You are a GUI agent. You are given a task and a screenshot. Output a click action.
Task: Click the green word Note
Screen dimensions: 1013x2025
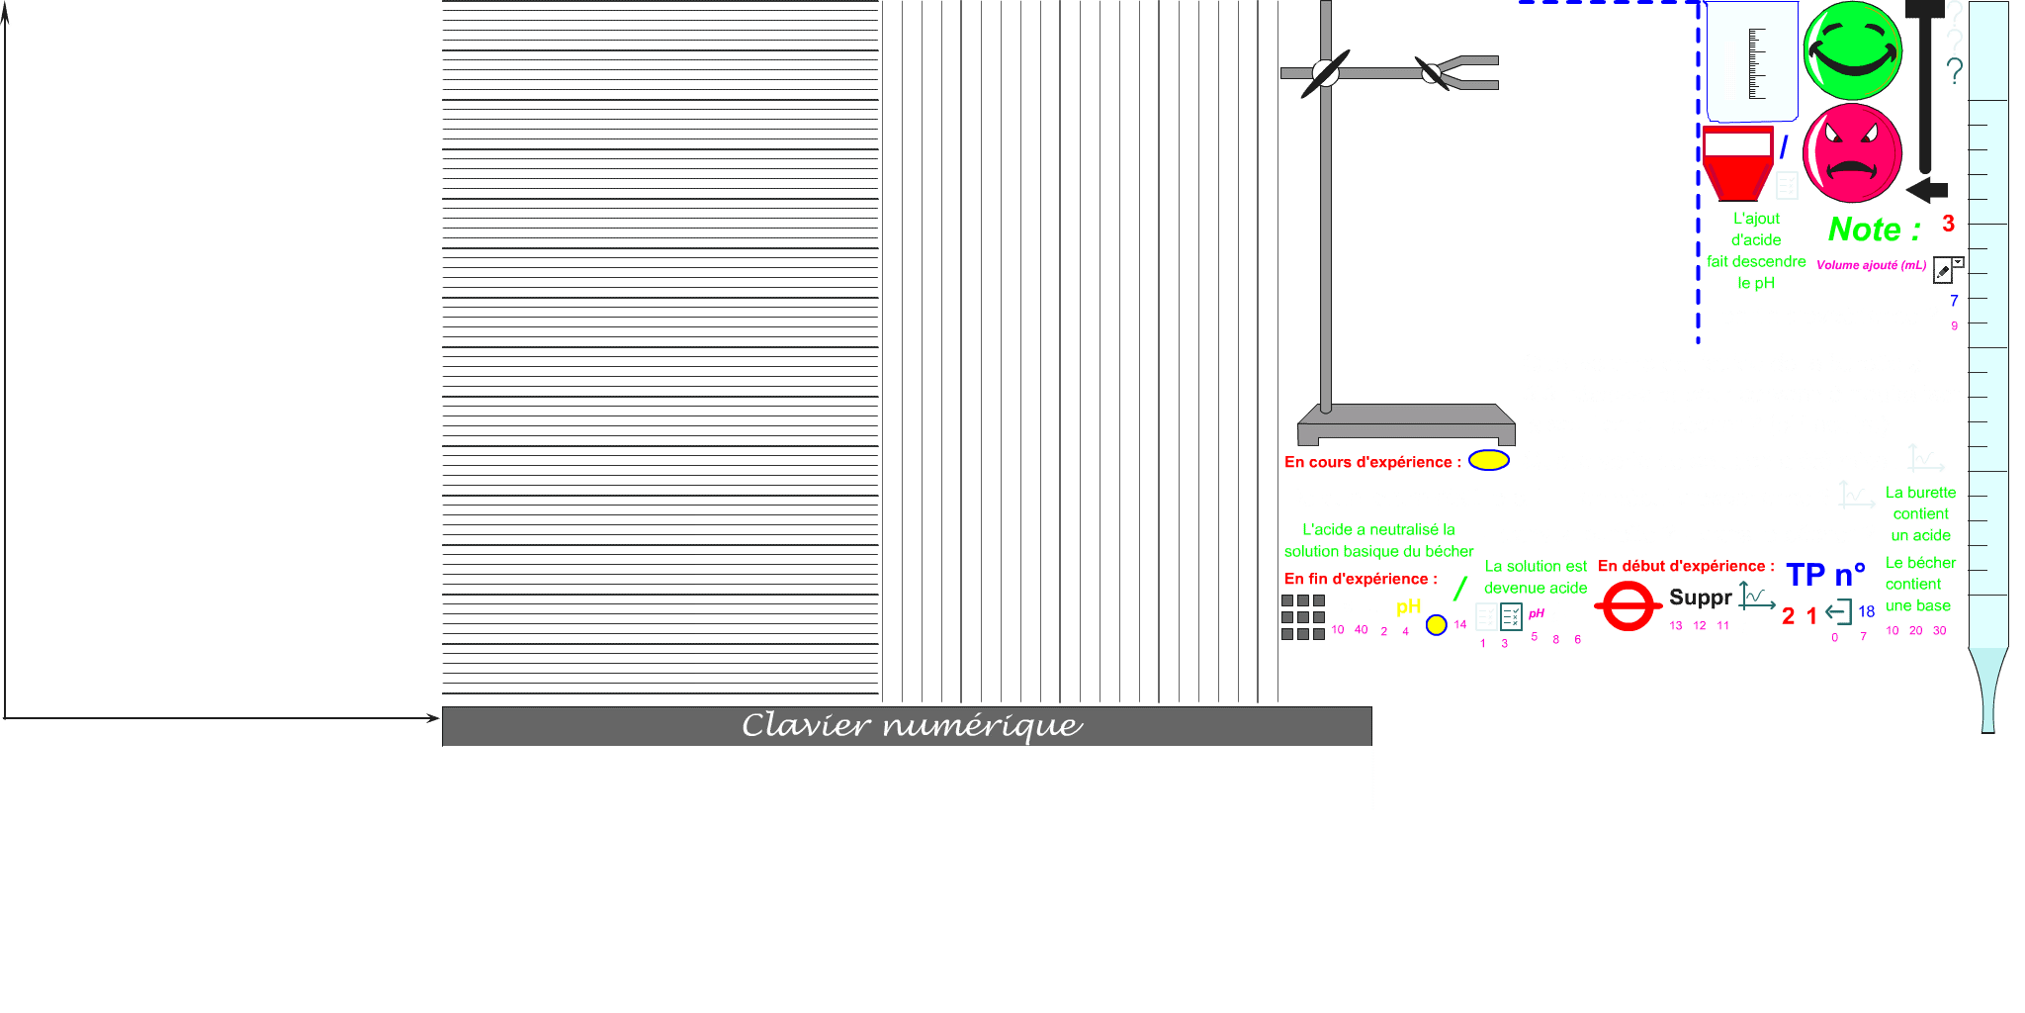[1865, 230]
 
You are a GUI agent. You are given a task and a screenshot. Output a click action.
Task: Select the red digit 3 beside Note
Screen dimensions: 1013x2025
[1948, 224]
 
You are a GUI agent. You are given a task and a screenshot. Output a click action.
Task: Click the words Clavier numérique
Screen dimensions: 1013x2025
[912, 725]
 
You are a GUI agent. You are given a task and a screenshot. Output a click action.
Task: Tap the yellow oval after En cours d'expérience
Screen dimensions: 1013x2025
[1488, 460]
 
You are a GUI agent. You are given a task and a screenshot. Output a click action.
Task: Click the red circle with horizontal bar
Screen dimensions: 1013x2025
[1628, 605]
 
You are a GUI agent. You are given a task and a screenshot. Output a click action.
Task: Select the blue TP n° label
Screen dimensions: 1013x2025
[1824, 575]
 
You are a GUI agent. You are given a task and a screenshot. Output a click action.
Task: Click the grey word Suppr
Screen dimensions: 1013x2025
[1700, 598]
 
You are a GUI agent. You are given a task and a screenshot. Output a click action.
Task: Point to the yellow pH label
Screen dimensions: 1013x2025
[1408, 606]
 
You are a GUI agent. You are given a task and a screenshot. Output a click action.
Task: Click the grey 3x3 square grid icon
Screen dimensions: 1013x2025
[1303, 617]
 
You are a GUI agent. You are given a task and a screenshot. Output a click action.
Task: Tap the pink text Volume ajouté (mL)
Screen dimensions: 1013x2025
[1871, 265]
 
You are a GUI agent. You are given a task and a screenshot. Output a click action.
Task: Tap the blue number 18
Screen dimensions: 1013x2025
[1866, 611]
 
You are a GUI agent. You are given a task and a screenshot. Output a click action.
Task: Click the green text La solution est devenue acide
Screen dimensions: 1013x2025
[1536, 577]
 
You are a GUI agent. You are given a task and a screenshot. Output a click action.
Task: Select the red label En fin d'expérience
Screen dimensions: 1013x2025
[1361, 579]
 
